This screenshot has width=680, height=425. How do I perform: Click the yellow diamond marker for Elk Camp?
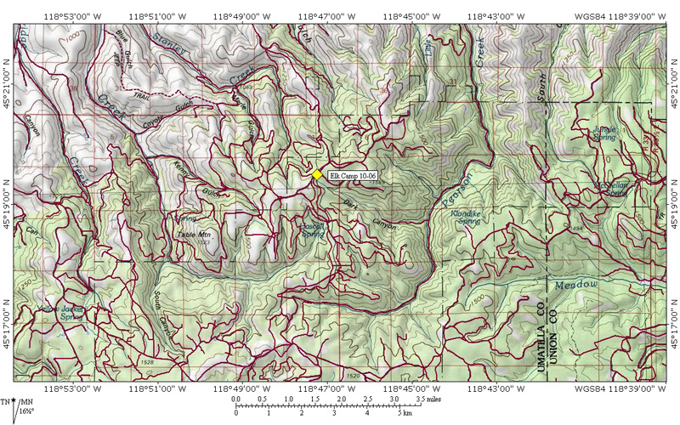point(316,174)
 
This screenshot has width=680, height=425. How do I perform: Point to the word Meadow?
point(579,284)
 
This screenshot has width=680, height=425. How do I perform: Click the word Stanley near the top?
point(169,45)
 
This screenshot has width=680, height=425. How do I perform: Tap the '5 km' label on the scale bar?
point(407,414)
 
